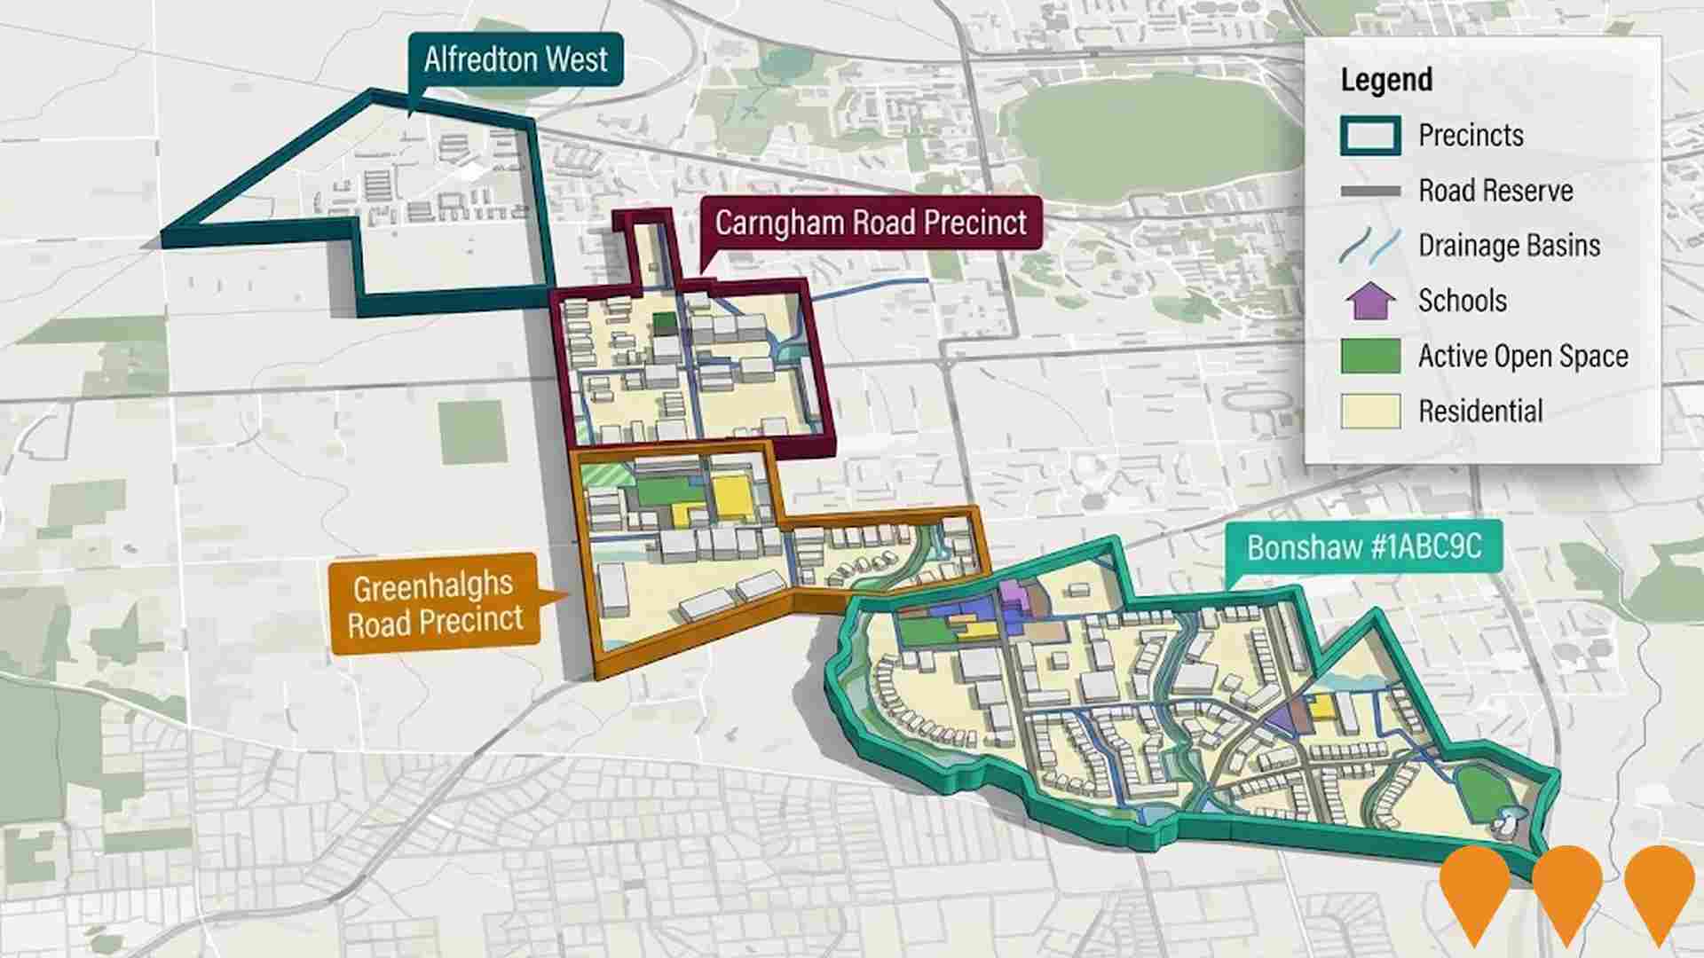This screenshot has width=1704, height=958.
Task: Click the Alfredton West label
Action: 516,59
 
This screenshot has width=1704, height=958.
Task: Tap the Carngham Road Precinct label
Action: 871,223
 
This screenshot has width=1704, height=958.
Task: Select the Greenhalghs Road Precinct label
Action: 434,603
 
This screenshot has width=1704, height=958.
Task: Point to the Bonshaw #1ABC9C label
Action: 1364,546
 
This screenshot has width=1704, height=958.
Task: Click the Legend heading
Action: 1386,80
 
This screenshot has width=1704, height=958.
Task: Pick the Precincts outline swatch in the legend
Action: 1370,136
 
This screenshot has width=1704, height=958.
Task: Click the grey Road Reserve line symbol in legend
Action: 1370,191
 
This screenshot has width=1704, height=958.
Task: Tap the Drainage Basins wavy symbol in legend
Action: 1370,246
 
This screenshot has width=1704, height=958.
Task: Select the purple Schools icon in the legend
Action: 1370,301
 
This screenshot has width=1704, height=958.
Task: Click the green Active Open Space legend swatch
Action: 1370,356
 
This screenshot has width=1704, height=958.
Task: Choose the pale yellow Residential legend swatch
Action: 1370,411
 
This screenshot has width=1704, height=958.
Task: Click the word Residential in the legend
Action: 1480,411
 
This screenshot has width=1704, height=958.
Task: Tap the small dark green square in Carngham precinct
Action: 663,322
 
